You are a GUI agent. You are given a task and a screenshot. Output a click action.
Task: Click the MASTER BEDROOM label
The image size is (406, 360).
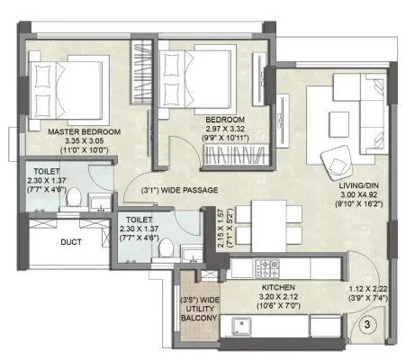86,131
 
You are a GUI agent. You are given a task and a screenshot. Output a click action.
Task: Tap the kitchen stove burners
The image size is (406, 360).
268,267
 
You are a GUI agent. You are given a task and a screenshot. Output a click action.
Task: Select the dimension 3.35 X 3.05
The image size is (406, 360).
86,142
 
